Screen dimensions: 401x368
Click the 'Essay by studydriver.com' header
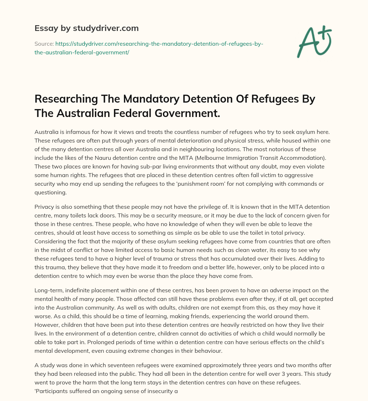pos(87,28)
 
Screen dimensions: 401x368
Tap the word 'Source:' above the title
pos(44,44)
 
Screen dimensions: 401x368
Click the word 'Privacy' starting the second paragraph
pos(45,207)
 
